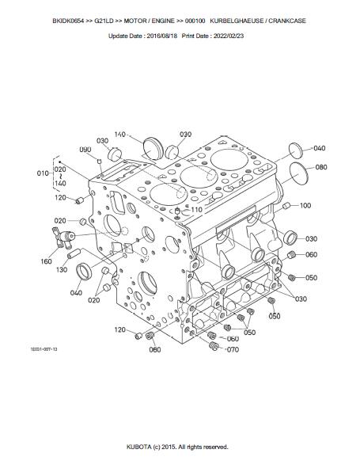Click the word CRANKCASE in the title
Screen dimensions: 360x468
point(287,21)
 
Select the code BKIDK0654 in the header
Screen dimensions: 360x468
point(68,21)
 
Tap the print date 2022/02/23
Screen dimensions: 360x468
point(228,36)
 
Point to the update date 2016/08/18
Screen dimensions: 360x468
point(162,36)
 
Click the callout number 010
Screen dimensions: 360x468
point(43,173)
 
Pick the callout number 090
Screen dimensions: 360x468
point(85,150)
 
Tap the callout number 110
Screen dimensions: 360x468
point(196,210)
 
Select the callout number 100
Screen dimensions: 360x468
point(305,205)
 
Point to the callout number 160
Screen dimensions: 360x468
point(46,261)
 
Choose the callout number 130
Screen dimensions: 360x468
point(62,270)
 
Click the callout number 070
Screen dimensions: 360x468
point(233,349)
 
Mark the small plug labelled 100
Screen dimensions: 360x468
point(286,206)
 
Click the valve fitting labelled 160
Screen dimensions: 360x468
point(63,238)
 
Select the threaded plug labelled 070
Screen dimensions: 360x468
point(214,346)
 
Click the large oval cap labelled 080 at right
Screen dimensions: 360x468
point(301,174)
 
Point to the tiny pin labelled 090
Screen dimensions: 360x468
point(100,162)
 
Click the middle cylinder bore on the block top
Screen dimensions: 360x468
point(199,177)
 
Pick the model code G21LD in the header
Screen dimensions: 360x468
point(104,21)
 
